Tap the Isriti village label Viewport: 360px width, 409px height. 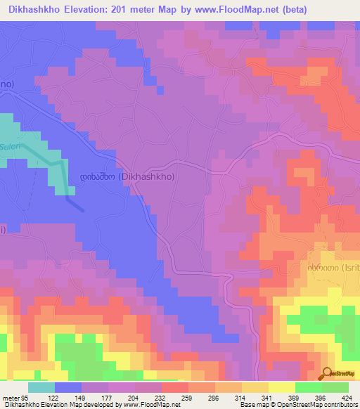click(x=333, y=268)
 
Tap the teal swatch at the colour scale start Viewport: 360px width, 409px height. click(x=41, y=387)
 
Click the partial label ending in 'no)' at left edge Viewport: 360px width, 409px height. click(x=6, y=84)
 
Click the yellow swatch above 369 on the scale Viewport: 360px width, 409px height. click(x=282, y=387)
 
